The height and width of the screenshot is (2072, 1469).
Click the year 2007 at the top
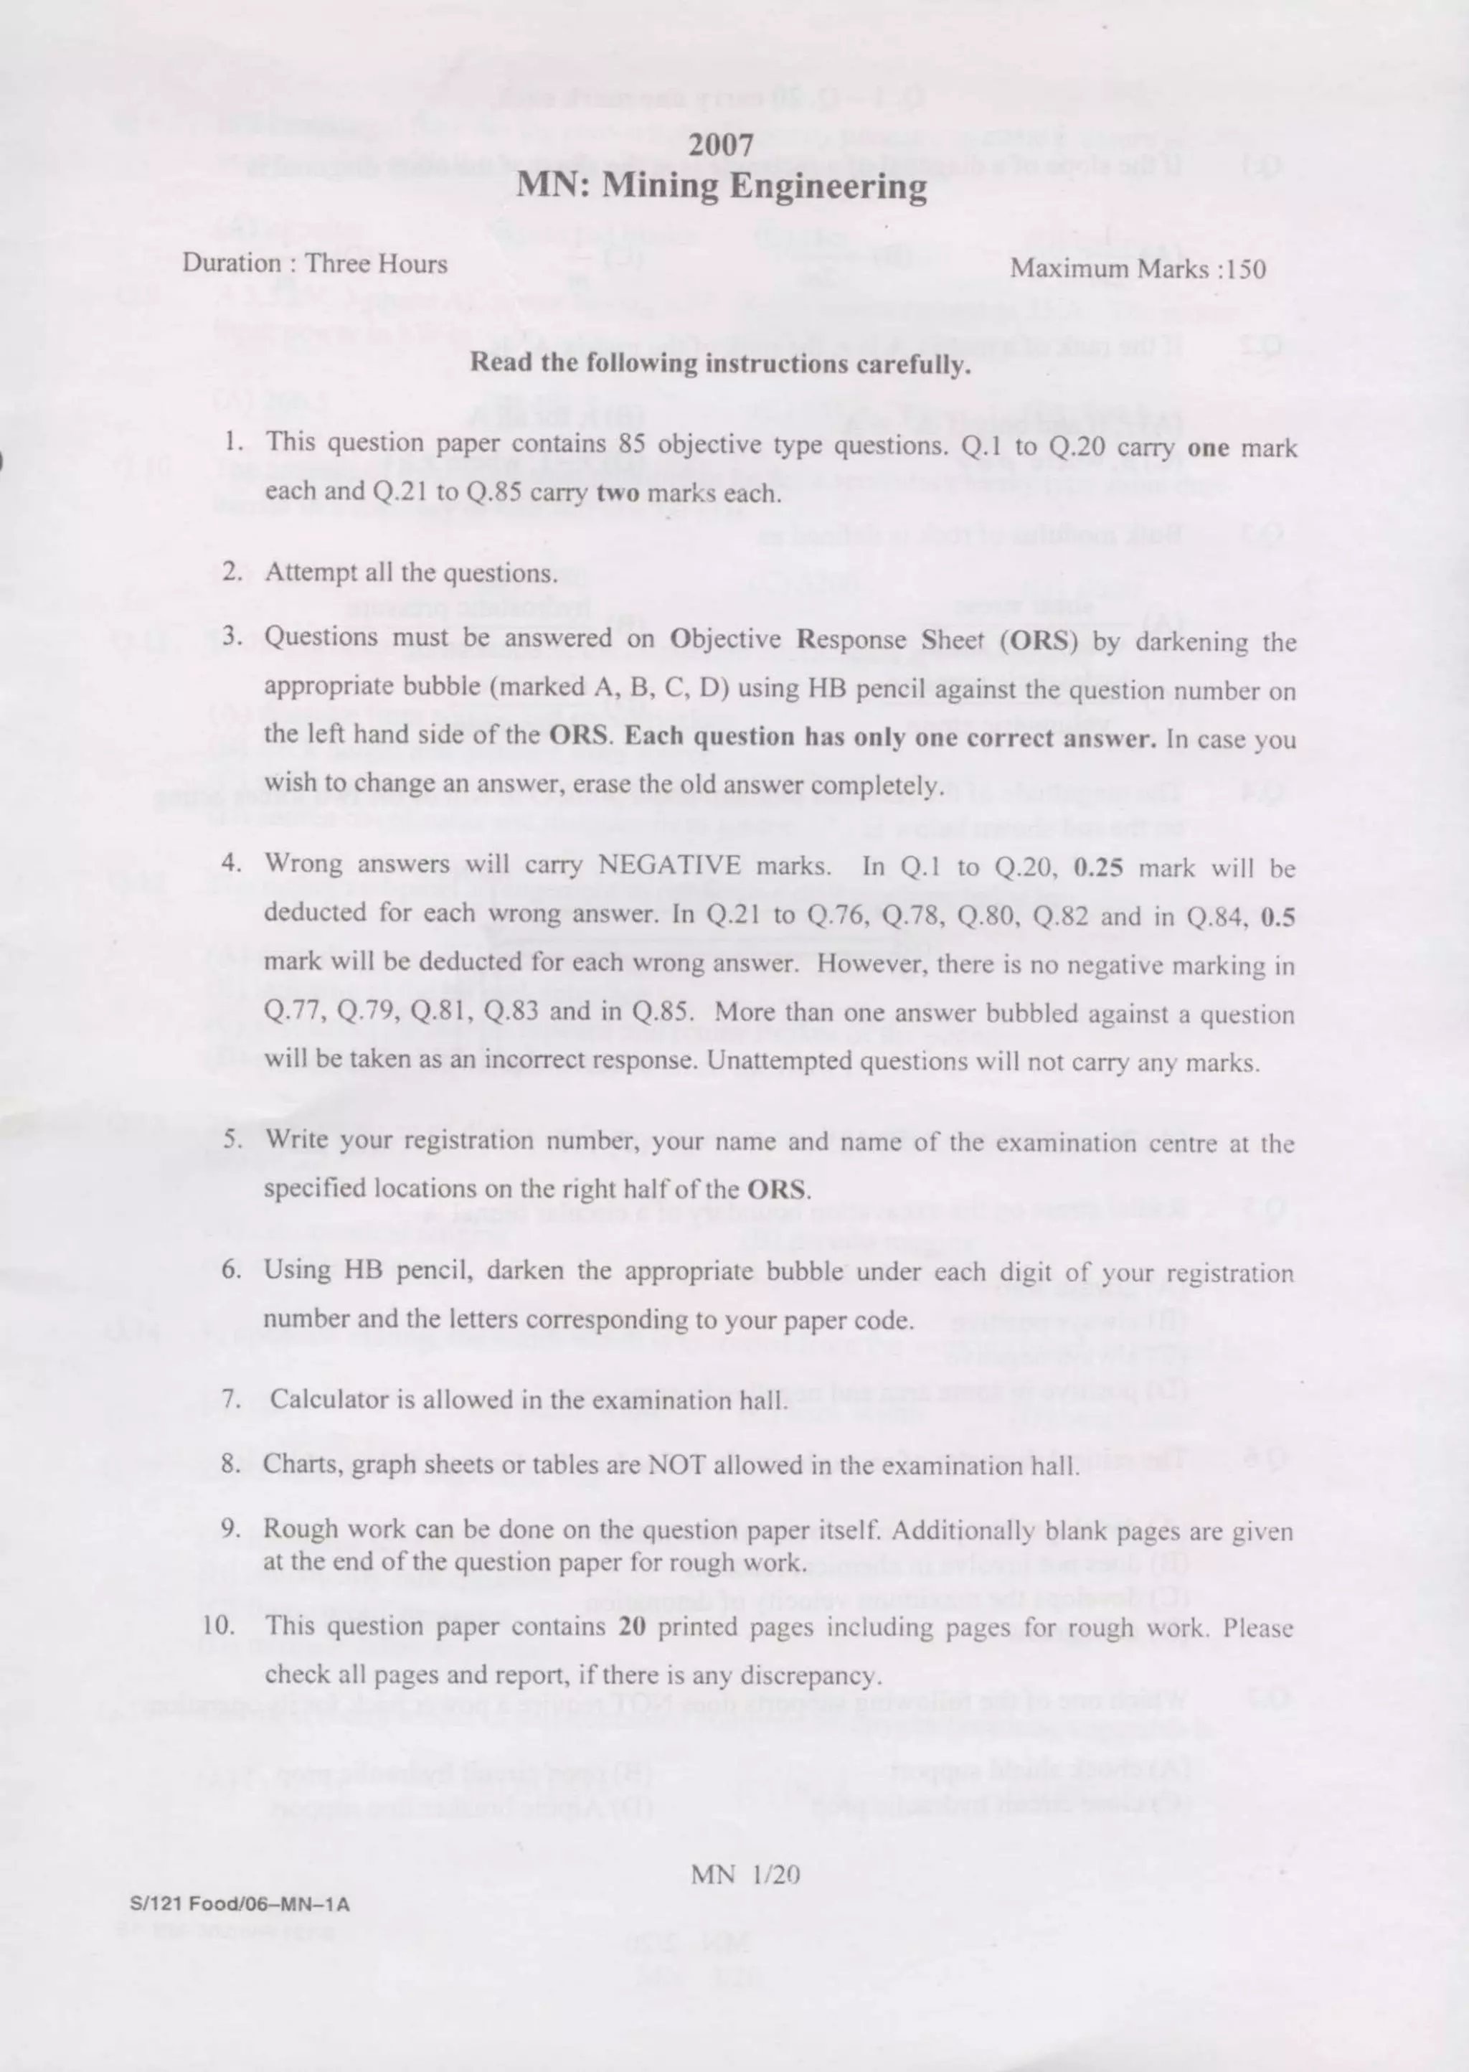(721, 145)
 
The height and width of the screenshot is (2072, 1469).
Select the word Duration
(232, 263)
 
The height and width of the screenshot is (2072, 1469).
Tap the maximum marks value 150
(1244, 269)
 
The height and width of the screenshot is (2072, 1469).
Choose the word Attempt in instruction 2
(311, 573)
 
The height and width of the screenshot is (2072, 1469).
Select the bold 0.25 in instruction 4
(1098, 867)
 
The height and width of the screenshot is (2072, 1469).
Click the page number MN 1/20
(745, 1874)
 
